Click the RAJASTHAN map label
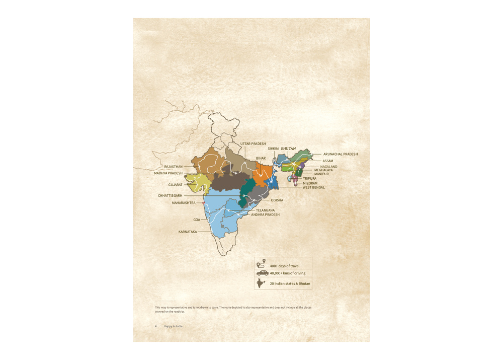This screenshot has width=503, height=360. (x=174, y=166)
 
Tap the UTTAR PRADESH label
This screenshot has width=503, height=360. (x=253, y=143)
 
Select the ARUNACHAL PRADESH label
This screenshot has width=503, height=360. (x=341, y=154)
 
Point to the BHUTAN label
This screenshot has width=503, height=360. (x=288, y=149)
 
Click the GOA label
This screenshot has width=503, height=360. (x=197, y=220)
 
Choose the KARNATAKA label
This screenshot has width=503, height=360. (x=188, y=232)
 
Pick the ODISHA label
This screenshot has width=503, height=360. (x=277, y=200)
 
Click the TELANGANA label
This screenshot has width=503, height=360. (x=265, y=210)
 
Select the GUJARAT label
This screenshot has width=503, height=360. (x=175, y=185)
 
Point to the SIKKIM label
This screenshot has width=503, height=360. (x=273, y=149)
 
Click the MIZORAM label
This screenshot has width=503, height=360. (x=310, y=183)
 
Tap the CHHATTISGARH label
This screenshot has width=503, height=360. (x=171, y=195)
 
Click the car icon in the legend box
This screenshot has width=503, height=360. (x=262, y=273)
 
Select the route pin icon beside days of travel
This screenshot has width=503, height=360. (x=261, y=265)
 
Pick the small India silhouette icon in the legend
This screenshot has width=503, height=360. (x=261, y=283)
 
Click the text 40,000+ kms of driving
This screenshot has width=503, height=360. (x=288, y=273)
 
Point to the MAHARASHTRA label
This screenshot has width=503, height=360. (x=184, y=203)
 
